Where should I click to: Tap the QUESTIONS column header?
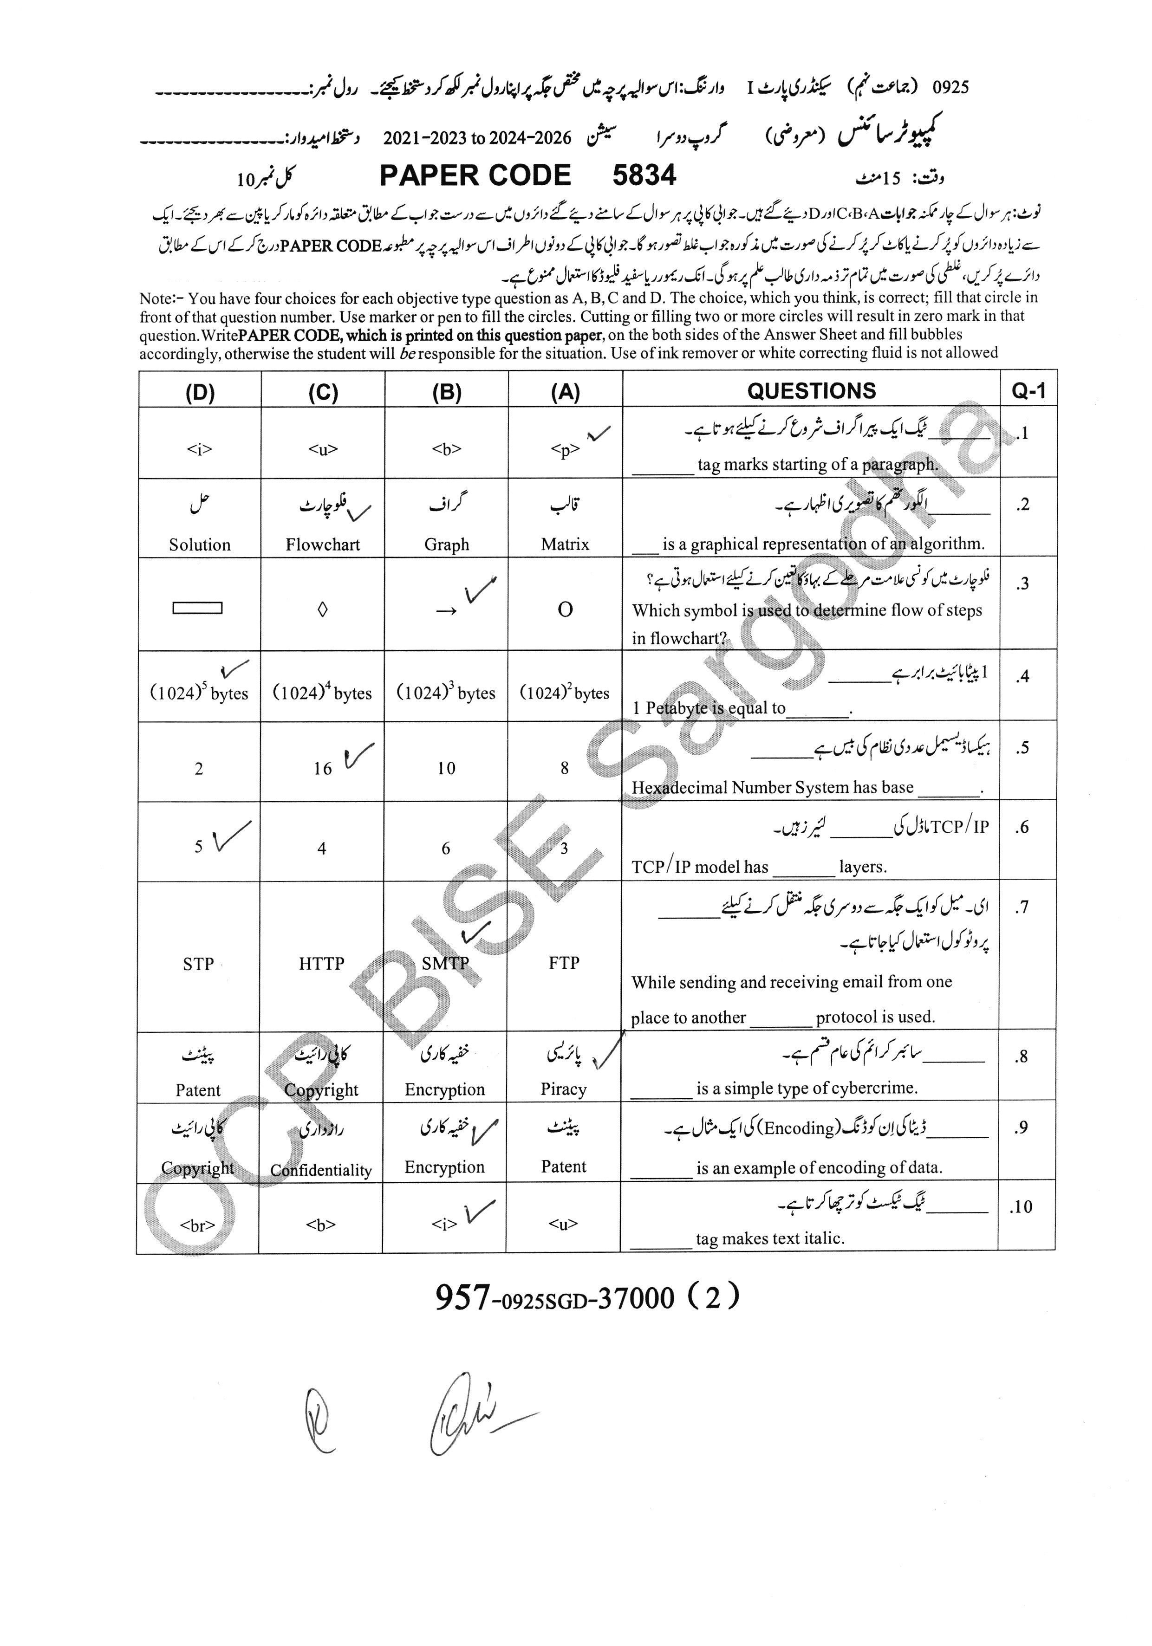tap(811, 391)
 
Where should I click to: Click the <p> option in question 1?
tap(565, 449)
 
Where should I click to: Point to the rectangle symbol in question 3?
tap(197, 608)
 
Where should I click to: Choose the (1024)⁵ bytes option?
tap(199, 693)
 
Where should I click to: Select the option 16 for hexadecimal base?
tap(322, 769)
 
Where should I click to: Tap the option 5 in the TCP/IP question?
tap(199, 847)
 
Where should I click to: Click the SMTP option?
tap(445, 964)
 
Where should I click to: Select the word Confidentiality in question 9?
tap(321, 1171)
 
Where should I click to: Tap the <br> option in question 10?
tap(197, 1225)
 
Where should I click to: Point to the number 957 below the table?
tap(462, 1297)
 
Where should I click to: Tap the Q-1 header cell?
tap(1028, 391)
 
